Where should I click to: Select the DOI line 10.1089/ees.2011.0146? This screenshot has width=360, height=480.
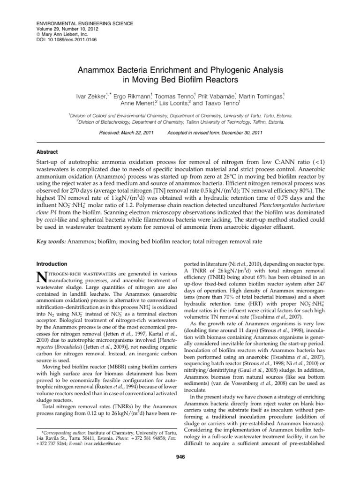66,40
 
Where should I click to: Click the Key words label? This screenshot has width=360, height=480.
52,241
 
